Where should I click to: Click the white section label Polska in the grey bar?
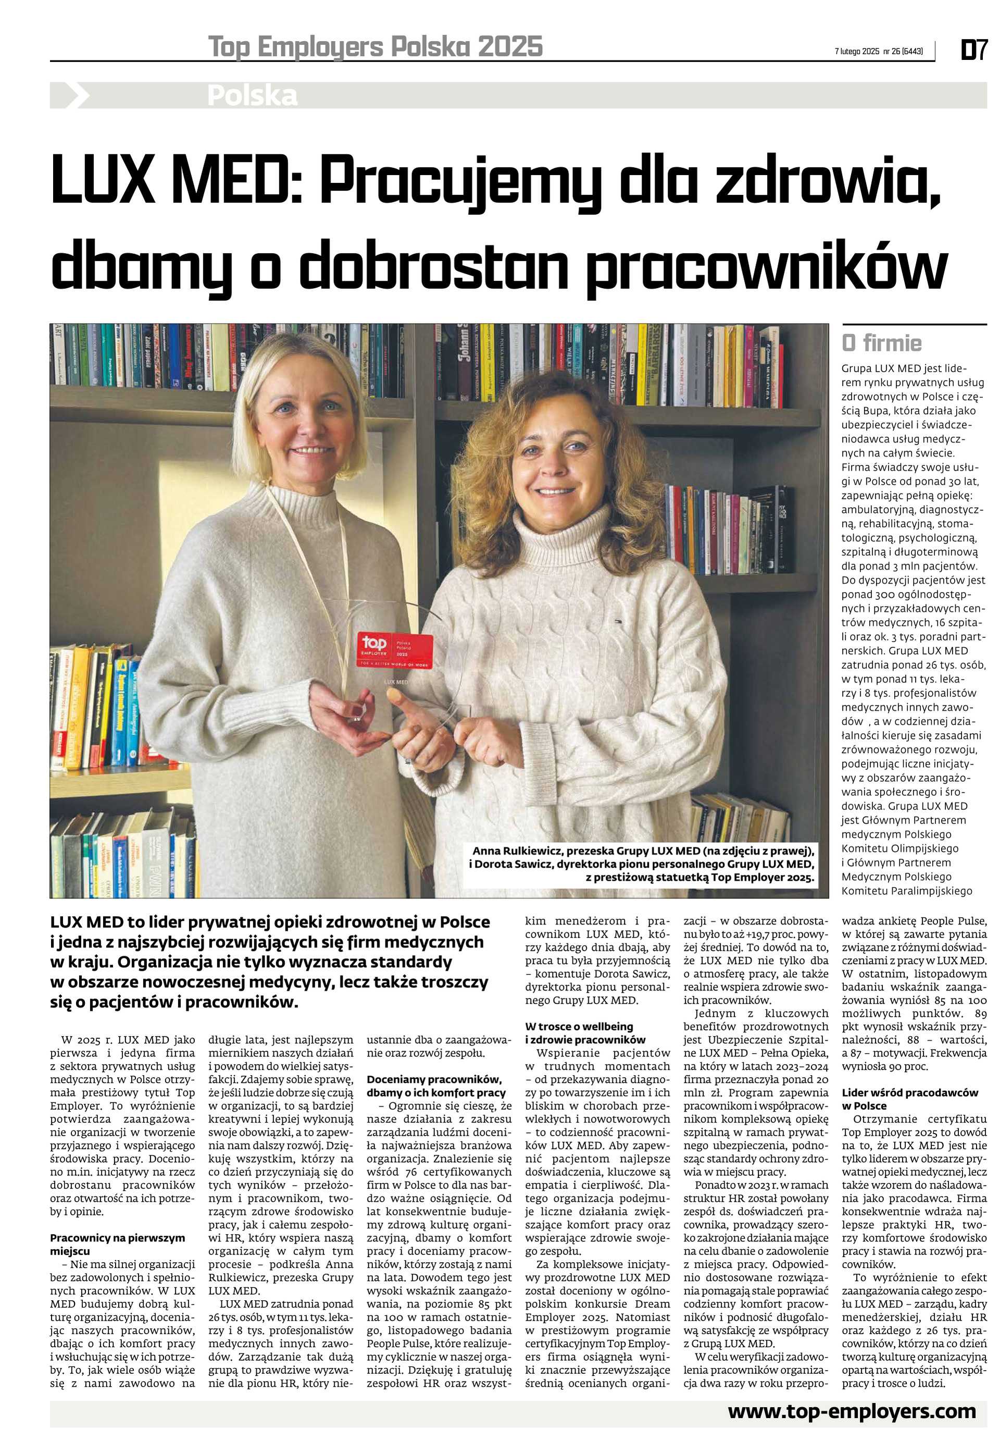point(252,96)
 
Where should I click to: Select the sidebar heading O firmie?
point(882,343)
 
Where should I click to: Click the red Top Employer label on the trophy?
point(395,650)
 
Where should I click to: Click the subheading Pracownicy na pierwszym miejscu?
point(117,1237)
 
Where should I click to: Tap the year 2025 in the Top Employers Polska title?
point(510,47)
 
